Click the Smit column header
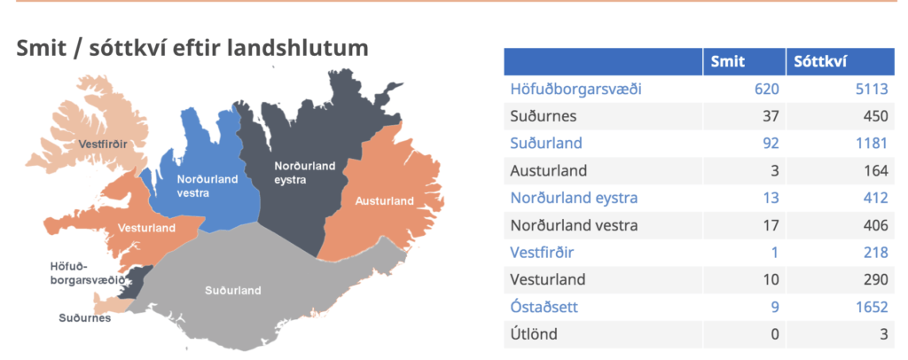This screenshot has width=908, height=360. click(728, 61)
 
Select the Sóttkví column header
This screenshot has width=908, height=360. click(819, 61)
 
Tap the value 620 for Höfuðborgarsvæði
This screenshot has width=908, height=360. click(767, 90)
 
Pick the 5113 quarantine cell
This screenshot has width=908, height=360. click(871, 90)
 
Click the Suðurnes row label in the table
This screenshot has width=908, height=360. click(544, 116)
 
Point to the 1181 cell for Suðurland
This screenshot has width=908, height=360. click(872, 143)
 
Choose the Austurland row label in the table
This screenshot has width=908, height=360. click(548, 171)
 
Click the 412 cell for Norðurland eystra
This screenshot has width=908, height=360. click(875, 198)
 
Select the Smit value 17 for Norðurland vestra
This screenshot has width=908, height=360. click(771, 225)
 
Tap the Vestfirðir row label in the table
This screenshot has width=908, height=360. click(542, 253)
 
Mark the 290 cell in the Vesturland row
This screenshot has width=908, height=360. click(875, 279)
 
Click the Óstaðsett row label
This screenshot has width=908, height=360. click(544, 307)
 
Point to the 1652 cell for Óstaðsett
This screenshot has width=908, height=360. click(872, 307)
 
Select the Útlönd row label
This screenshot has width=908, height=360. click(534, 333)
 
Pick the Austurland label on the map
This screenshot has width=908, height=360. click(385, 201)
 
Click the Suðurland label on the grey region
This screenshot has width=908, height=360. click(233, 291)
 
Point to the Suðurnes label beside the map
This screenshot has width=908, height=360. click(84, 317)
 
